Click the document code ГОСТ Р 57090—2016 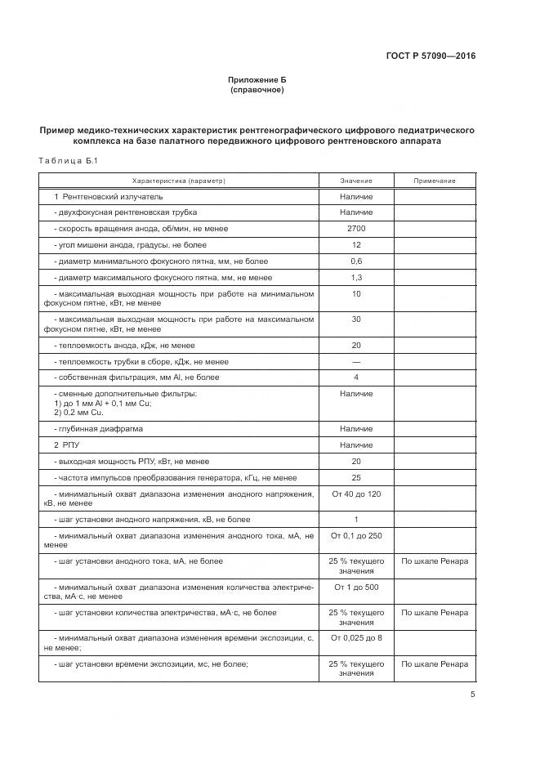(x=431, y=56)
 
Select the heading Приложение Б (x=257, y=79)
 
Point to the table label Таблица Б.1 (x=68, y=161)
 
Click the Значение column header (x=356, y=181)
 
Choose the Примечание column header (x=434, y=181)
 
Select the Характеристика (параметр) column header (x=178, y=181)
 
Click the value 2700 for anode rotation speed (x=356, y=229)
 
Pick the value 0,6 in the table (x=356, y=261)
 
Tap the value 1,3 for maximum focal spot (x=356, y=277)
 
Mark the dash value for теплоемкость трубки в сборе (x=356, y=361)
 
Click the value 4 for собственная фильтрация (x=356, y=378)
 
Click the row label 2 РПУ (x=67, y=445)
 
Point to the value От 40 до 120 (x=356, y=494)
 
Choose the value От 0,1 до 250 (x=356, y=536)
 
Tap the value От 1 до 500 (x=356, y=587)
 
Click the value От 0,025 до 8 (x=356, y=637)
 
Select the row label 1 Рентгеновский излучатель (x=109, y=197)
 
